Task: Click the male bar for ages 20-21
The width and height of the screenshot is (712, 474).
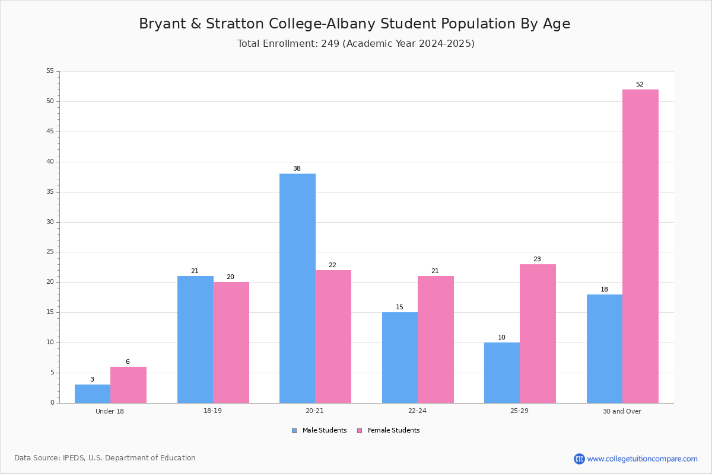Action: pos(297,289)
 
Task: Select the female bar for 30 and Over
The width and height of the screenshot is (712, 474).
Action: pos(640,246)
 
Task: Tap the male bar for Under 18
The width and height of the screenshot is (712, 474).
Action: pos(93,394)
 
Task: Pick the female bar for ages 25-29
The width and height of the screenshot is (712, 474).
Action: pos(538,334)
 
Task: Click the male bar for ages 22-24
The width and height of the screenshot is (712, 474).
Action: pos(400,358)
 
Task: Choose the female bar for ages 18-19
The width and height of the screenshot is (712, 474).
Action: pos(231,342)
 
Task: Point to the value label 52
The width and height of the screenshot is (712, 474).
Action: pos(640,85)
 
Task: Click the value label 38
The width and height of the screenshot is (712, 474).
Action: pos(297,169)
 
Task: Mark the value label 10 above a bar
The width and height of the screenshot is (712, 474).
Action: pos(501,337)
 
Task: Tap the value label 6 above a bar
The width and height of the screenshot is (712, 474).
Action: pos(128,361)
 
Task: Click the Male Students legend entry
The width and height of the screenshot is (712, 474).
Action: pos(319,431)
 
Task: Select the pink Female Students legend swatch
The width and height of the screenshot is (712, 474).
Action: pos(360,431)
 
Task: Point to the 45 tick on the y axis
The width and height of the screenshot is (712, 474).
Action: pos(50,132)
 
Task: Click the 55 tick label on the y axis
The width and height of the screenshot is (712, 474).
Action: pos(50,71)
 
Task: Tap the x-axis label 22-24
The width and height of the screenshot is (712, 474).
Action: pos(417,411)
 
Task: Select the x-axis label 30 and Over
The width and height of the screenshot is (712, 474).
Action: pos(622,411)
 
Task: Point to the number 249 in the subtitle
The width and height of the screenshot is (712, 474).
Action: pos(330,43)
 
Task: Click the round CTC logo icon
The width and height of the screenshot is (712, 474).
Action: pos(579,459)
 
